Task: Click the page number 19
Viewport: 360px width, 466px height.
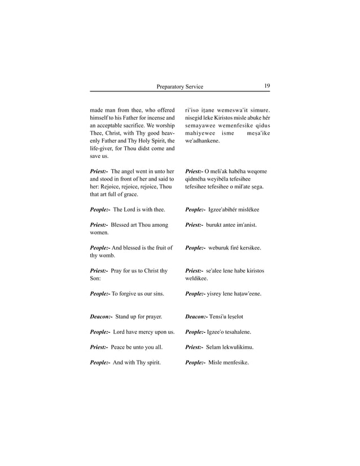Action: coord(266,86)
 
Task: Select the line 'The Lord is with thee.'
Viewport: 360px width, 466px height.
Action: coord(139,209)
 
